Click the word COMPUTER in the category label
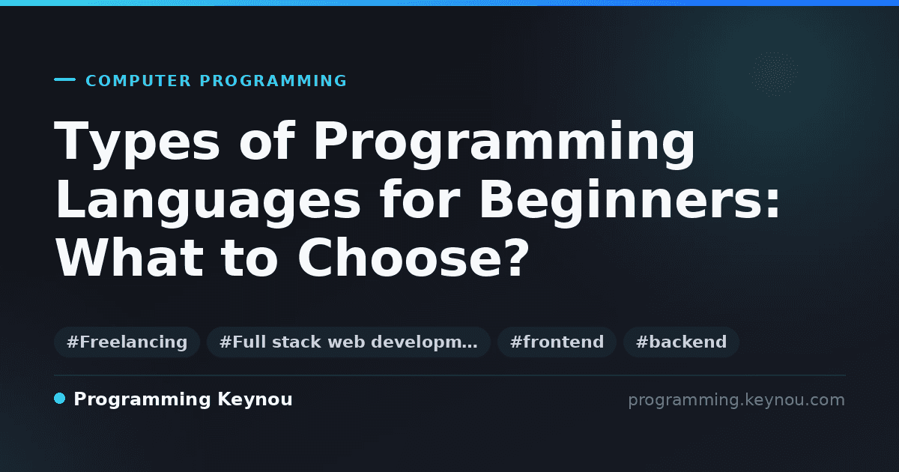tap(139, 81)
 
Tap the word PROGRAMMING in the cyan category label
tap(273, 81)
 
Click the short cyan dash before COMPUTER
tap(64, 79)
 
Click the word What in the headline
tap(129, 257)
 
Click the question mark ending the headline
tap(517, 257)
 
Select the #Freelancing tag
tap(127, 342)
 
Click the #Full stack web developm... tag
tap(348, 342)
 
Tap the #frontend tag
tap(557, 342)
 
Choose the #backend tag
tap(681, 342)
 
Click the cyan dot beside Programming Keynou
tap(60, 399)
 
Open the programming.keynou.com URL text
tap(736, 400)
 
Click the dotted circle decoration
tap(775, 74)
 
